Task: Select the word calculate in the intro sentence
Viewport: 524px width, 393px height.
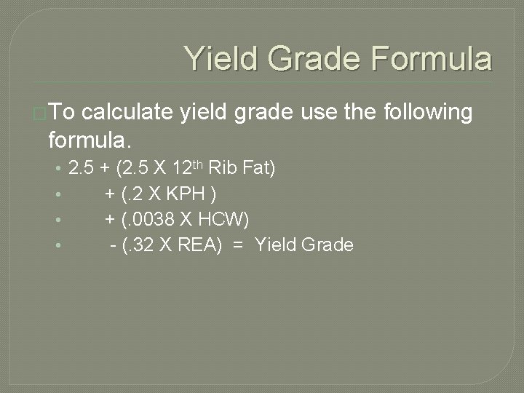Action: click(x=127, y=114)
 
